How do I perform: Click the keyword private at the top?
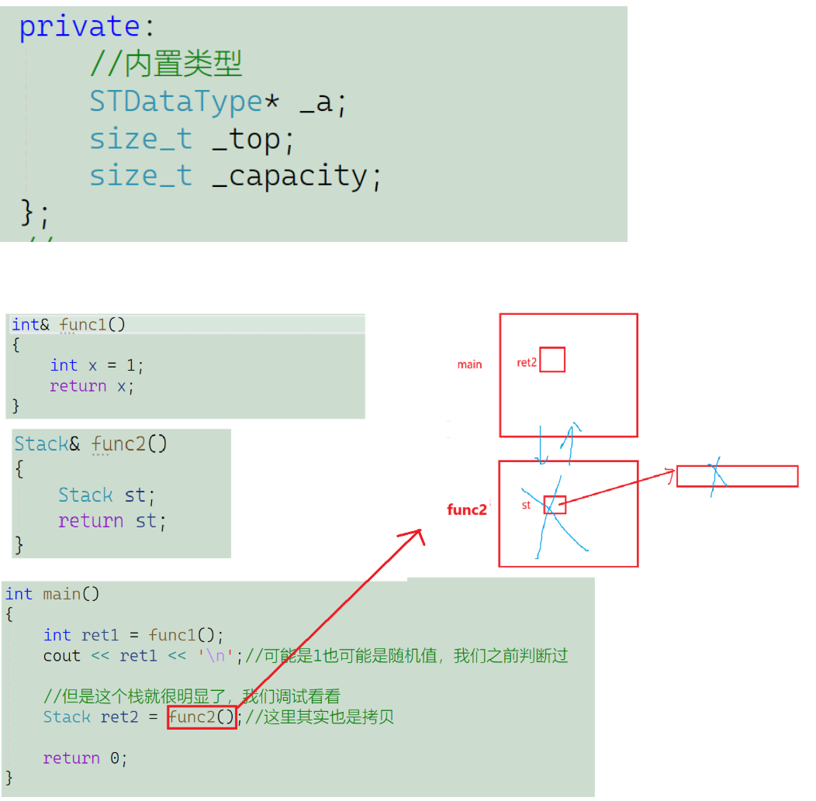[x=79, y=27]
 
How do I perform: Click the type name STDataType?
[x=175, y=102]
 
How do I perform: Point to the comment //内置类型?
[x=166, y=64]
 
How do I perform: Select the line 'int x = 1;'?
[x=97, y=365]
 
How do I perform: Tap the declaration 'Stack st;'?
[x=107, y=495]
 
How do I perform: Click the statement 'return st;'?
[x=112, y=520]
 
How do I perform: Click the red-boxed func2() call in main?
[x=202, y=717]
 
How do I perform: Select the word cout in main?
[x=62, y=656]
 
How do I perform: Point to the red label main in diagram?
[x=469, y=364]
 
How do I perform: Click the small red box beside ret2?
[x=552, y=360]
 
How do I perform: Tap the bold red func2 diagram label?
[x=467, y=509]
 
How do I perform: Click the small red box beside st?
[x=555, y=505]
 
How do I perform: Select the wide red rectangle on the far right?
[x=737, y=476]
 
